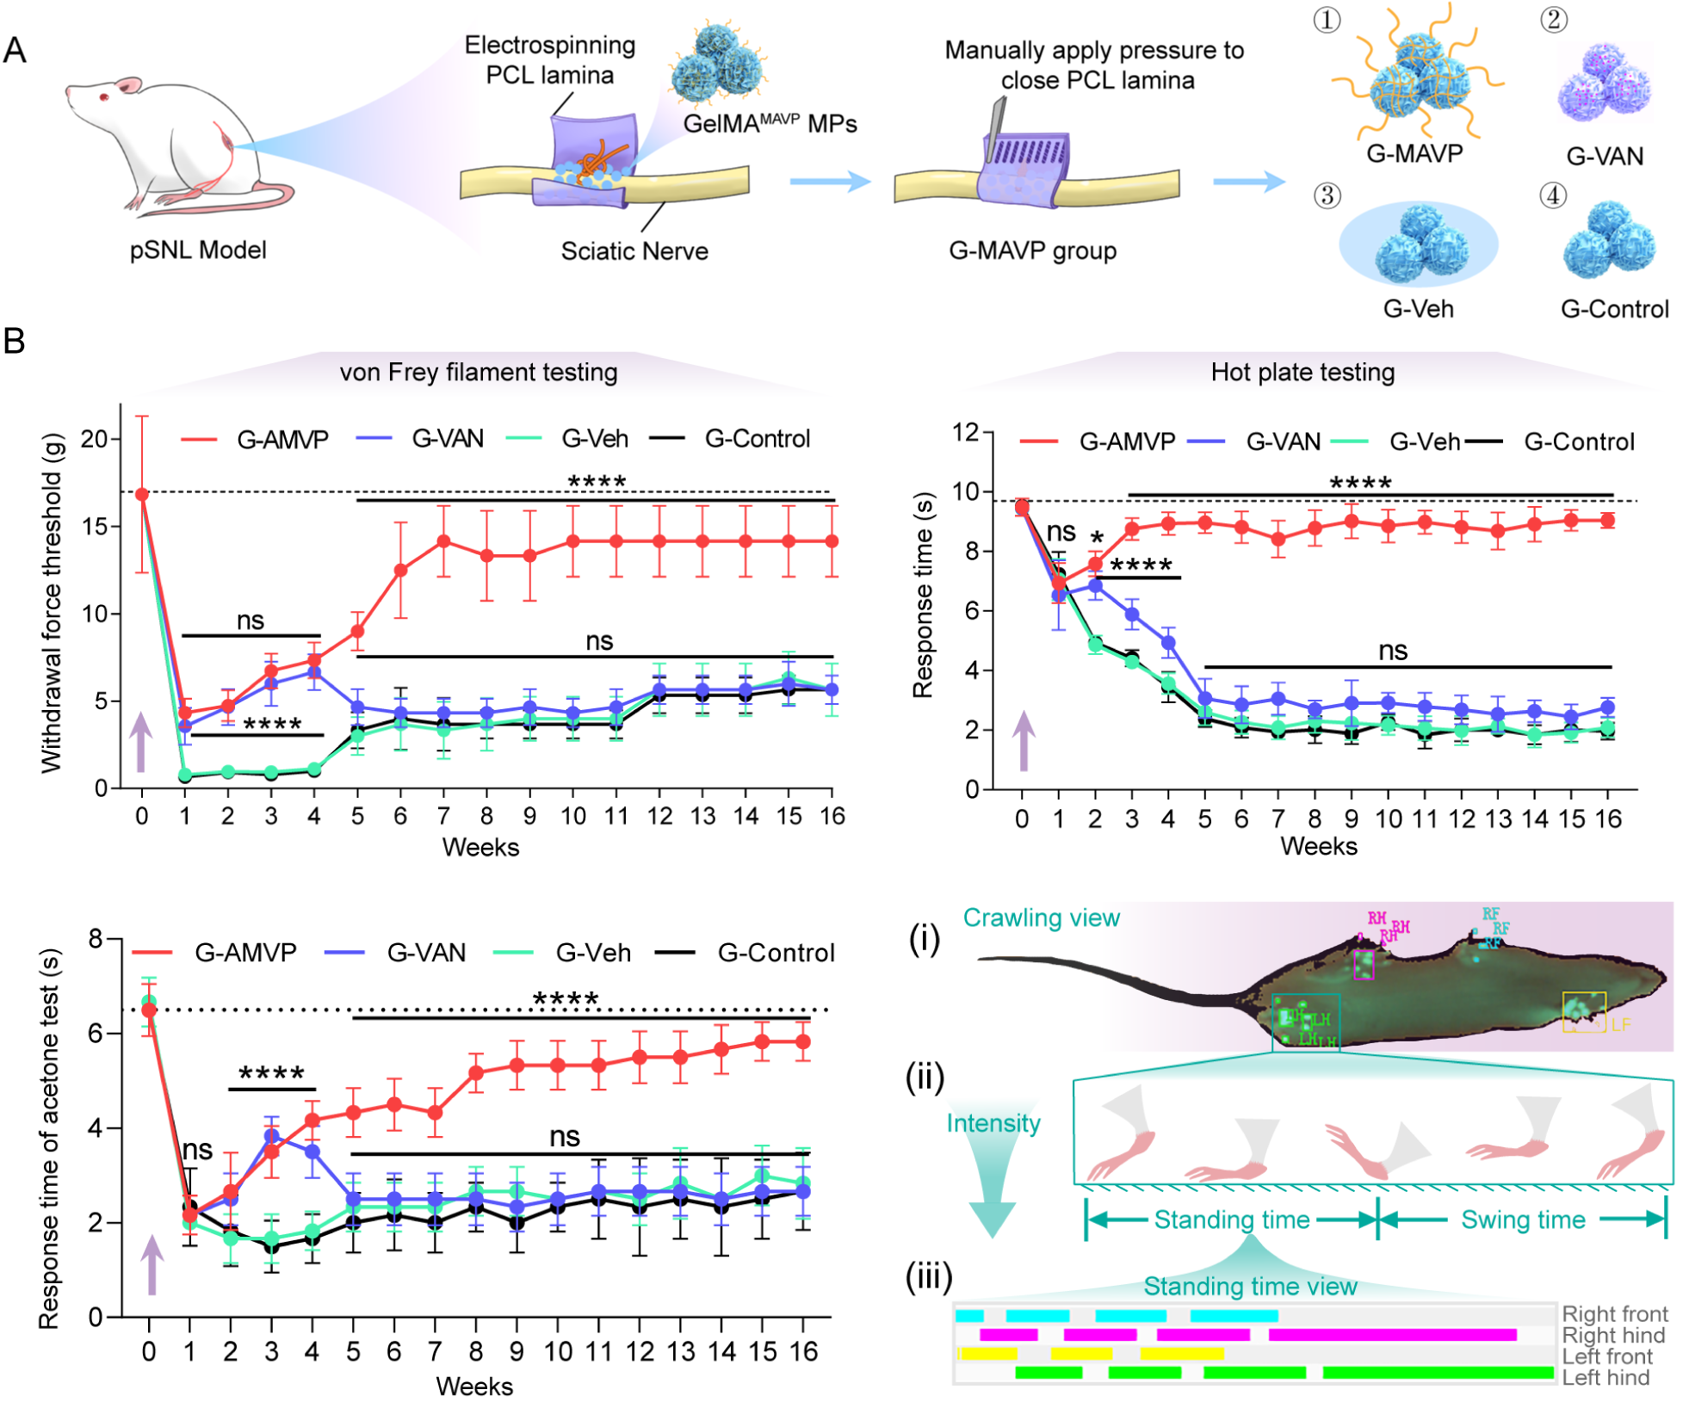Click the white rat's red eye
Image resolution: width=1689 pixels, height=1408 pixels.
click(x=104, y=96)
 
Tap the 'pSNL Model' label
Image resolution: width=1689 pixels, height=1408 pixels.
click(x=197, y=250)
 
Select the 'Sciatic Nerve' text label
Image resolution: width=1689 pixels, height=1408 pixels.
click(x=634, y=250)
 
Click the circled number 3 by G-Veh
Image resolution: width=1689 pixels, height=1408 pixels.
click(x=1327, y=195)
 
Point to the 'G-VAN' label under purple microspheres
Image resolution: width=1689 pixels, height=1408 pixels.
click(x=1604, y=156)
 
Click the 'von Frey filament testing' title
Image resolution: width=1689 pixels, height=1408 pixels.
click(x=479, y=372)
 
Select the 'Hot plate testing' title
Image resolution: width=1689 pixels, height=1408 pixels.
click(x=1302, y=372)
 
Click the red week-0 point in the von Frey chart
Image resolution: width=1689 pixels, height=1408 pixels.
click(x=142, y=494)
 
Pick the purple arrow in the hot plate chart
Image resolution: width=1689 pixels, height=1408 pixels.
click(x=1024, y=740)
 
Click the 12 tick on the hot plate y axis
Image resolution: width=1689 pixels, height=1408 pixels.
click(x=967, y=431)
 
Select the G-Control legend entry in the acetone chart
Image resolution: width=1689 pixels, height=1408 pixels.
click(x=775, y=953)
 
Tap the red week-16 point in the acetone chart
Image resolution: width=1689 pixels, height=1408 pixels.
click(x=803, y=1042)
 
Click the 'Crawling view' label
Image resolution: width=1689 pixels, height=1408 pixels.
click(x=1041, y=917)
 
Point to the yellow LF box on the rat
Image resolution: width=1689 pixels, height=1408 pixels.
click(x=1584, y=1011)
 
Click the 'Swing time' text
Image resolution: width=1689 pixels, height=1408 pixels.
click(x=1523, y=1220)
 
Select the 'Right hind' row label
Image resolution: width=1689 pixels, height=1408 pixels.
click(x=1613, y=1335)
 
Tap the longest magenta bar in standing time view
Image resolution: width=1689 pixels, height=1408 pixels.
click(x=1392, y=1335)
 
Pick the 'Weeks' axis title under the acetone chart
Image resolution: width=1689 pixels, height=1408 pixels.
click(x=474, y=1386)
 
